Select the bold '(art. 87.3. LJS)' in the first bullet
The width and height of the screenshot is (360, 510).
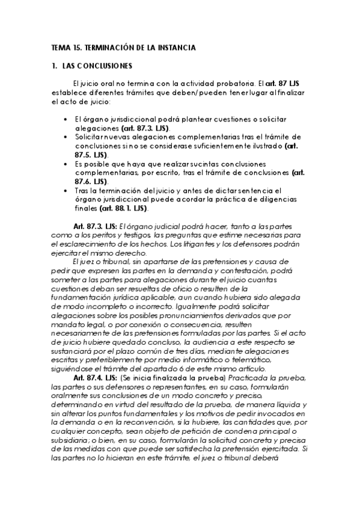pyautogui.click(x=145, y=128)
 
